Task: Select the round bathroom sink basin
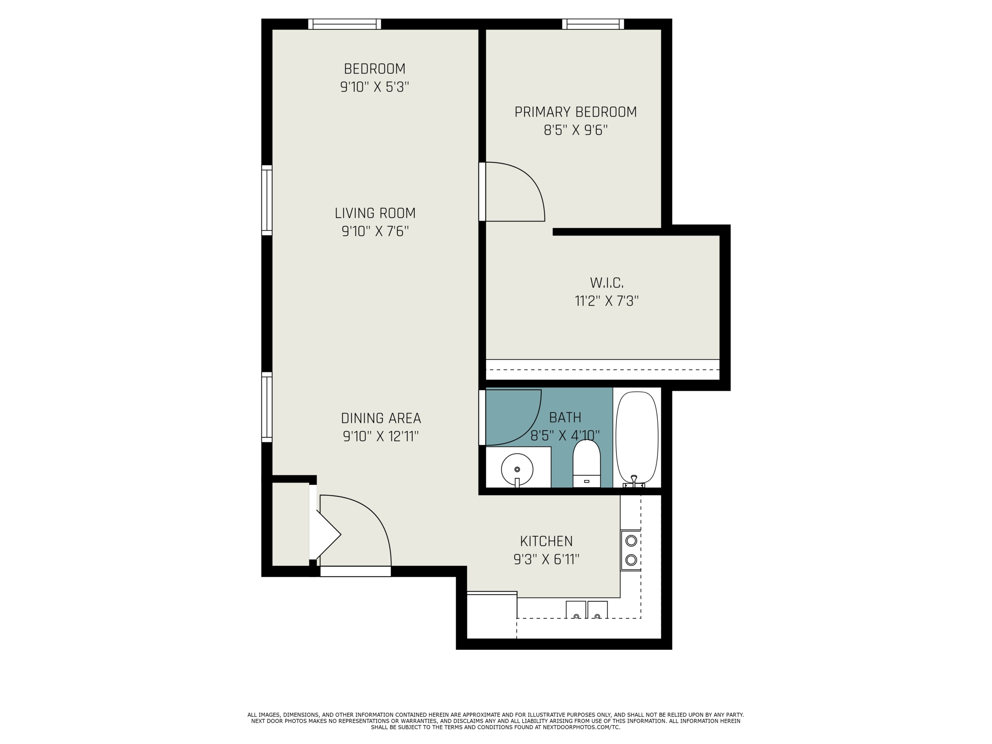(517, 470)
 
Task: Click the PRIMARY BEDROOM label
(575, 112)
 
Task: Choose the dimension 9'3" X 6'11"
(547, 560)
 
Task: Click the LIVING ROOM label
(375, 213)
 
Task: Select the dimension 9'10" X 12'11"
(381, 436)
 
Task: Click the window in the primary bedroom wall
(593, 24)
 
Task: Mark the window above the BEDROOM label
(344, 24)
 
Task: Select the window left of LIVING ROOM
(267, 200)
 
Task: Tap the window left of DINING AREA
(267, 407)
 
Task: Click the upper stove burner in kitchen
(631, 541)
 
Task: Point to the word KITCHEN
(546, 541)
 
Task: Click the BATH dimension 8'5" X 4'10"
(565, 436)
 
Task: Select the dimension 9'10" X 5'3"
(375, 87)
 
